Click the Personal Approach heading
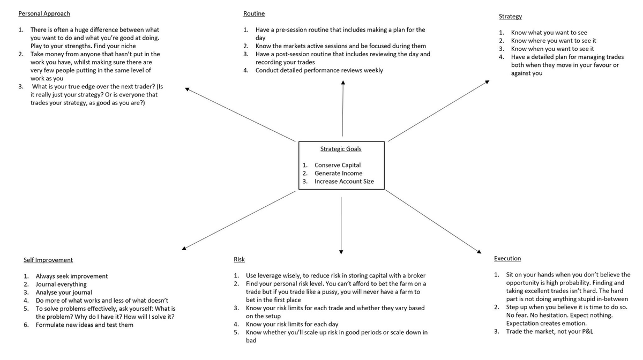click(x=44, y=13)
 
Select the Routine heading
click(x=254, y=13)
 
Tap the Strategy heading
click(x=510, y=17)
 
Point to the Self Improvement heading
click(x=48, y=260)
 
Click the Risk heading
click(x=239, y=259)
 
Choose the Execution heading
click(x=507, y=258)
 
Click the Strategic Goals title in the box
click(x=341, y=149)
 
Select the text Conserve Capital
click(x=338, y=165)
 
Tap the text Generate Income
click(x=338, y=173)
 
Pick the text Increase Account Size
click(x=344, y=182)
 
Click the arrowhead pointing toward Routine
click(x=343, y=83)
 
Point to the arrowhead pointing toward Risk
click(x=341, y=251)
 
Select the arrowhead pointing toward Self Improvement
click(x=184, y=248)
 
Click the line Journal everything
click(x=61, y=284)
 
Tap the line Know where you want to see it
click(x=554, y=41)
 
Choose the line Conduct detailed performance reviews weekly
click(x=319, y=70)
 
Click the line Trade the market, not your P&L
click(x=550, y=332)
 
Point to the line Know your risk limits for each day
click(x=292, y=324)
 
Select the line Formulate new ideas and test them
click(x=85, y=325)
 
